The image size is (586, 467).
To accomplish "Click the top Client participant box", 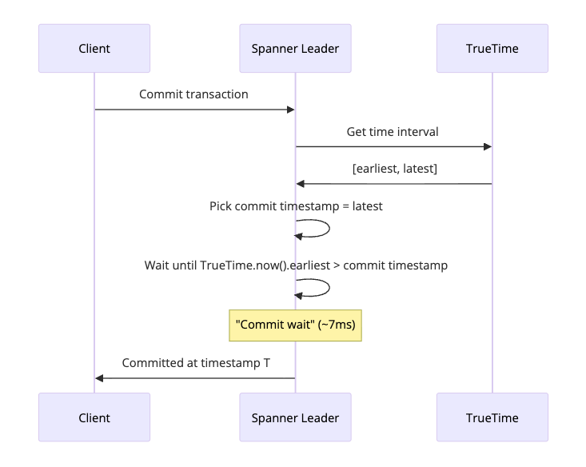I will click(94, 49).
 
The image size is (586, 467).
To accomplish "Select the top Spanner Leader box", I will click(295, 49).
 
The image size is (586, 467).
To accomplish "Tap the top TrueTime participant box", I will click(492, 49).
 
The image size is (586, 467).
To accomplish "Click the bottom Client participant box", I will click(94, 417).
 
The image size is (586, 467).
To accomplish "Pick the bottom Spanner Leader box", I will click(295, 417).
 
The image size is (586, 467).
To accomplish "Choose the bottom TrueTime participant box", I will click(492, 417).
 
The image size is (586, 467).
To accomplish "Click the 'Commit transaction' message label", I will click(193, 94).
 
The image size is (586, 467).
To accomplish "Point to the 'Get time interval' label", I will click(393, 131).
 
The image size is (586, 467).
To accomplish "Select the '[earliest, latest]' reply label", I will click(395, 169).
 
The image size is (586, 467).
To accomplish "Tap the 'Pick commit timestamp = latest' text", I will click(296, 206).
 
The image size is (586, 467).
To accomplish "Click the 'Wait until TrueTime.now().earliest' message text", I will click(296, 265).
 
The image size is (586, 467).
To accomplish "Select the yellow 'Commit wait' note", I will click(296, 325).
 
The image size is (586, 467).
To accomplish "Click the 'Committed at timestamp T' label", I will click(196, 363).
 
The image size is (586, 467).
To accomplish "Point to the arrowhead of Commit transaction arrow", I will click(290, 110).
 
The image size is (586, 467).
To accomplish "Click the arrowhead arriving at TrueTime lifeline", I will click(487, 146).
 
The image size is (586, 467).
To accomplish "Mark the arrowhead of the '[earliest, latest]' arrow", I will click(301, 184).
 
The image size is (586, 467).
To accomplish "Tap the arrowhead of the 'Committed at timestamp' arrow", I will click(100, 378).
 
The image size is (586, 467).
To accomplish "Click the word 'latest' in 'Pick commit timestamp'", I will click(367, 206).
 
